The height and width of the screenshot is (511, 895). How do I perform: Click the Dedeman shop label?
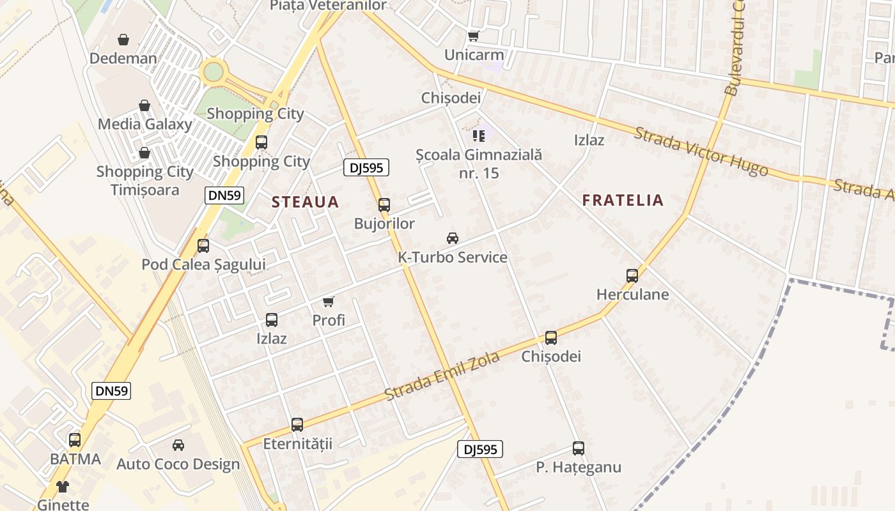click(123, 59)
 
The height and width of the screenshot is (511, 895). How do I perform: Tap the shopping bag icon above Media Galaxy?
click(144, 105)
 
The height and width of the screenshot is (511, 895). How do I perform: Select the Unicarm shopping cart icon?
click(473, 36)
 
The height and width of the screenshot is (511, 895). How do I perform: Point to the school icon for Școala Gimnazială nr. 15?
click(479, 135)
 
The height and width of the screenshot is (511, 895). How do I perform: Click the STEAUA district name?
click(305, 202)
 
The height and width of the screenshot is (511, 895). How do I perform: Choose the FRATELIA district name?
click(623, 200)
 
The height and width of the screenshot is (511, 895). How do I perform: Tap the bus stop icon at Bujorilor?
click(384, 205)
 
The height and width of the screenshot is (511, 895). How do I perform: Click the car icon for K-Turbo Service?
click(453, 238)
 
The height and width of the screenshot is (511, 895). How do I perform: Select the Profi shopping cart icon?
click(329, 301)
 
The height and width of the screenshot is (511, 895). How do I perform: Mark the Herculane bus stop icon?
click(632, 276)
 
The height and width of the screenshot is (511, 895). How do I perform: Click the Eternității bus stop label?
click(298, 443)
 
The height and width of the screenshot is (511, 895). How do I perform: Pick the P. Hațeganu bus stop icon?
click(579, 448)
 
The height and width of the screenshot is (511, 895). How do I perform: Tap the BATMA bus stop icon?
click(75, 440)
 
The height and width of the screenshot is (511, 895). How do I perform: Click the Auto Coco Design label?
click(178, 464)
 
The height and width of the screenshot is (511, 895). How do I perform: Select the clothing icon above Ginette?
click(63, 487)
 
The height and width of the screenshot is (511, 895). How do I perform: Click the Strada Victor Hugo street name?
click(701, 151)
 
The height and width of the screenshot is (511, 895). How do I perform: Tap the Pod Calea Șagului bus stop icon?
click(203, 246)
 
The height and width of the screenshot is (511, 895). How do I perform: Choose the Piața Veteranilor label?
click(328, 6)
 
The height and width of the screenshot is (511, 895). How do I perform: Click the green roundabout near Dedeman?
click(213, 71)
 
